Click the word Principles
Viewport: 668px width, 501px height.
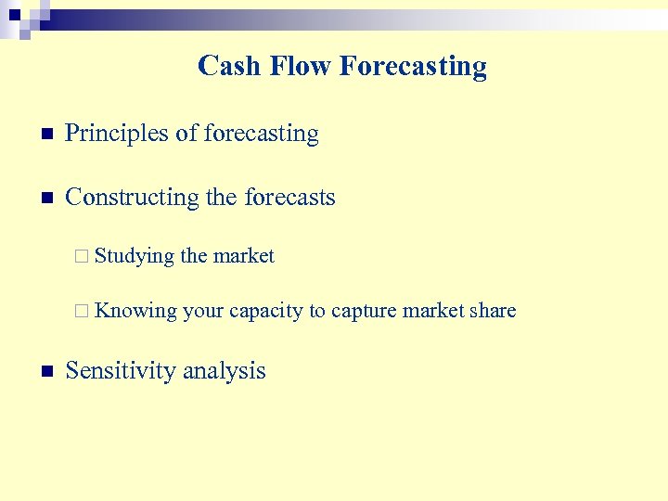point(118,134)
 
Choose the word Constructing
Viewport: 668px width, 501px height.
point(132,198)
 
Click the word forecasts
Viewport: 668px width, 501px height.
point(289,198)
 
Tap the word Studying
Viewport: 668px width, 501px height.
point(135,257)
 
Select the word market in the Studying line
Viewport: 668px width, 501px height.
point(244,256)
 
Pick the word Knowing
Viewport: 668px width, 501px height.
point(135,312)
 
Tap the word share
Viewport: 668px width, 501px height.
point(493,311)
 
